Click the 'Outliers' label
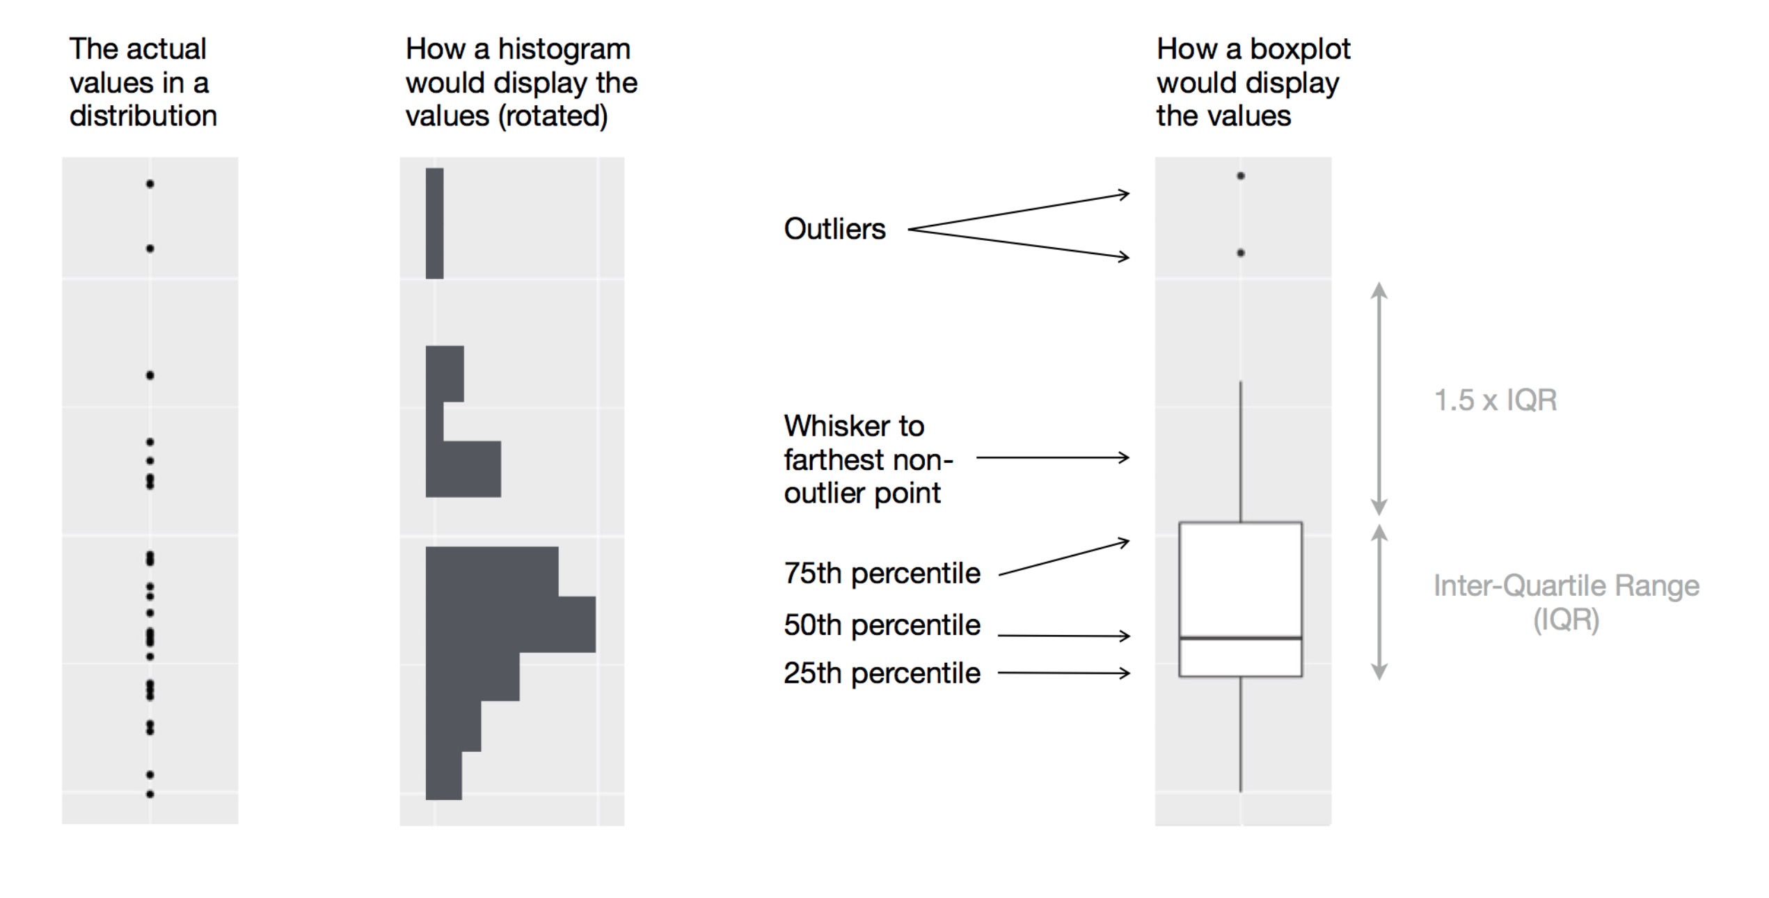(834, 229)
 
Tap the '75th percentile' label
(882, 574)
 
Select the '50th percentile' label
(882, 625)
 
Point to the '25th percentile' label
(882, 673)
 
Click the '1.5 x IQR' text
(1496, 400)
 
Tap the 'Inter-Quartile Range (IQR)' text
(1566, 603)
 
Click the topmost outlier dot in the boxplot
(1241, 176)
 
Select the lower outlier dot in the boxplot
(1241, 253)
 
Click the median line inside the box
(1241, 638)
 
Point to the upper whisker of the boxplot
(1241, 452)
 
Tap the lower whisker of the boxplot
(1241, 734)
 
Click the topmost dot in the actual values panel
(150, 184)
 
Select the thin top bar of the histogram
(434, 223)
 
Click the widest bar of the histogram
(511, 624)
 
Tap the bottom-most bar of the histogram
(443, 775)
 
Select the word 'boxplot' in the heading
(1300, 50)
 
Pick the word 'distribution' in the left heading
(143, 116)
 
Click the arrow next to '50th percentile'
(1063, 636)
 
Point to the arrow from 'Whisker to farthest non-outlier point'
(1053, 457)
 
